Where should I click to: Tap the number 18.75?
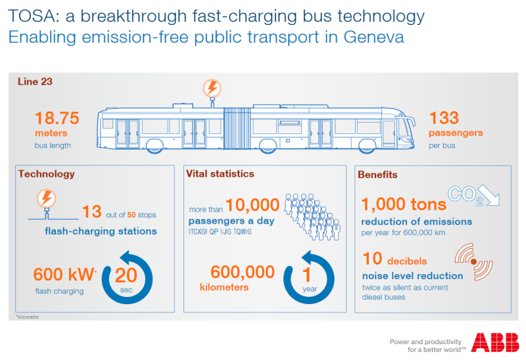coord(57,118)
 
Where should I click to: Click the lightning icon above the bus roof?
coord(212,89)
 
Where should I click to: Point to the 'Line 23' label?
coord(36,82)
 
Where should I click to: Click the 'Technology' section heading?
coord(47,174)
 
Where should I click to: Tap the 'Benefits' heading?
coord(377,175)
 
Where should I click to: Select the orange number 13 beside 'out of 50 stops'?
coord(92,212)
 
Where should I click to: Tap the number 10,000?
coord(252,206)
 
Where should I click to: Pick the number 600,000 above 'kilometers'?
coord(242,271)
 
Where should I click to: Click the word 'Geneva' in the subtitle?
coord(373,37)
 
